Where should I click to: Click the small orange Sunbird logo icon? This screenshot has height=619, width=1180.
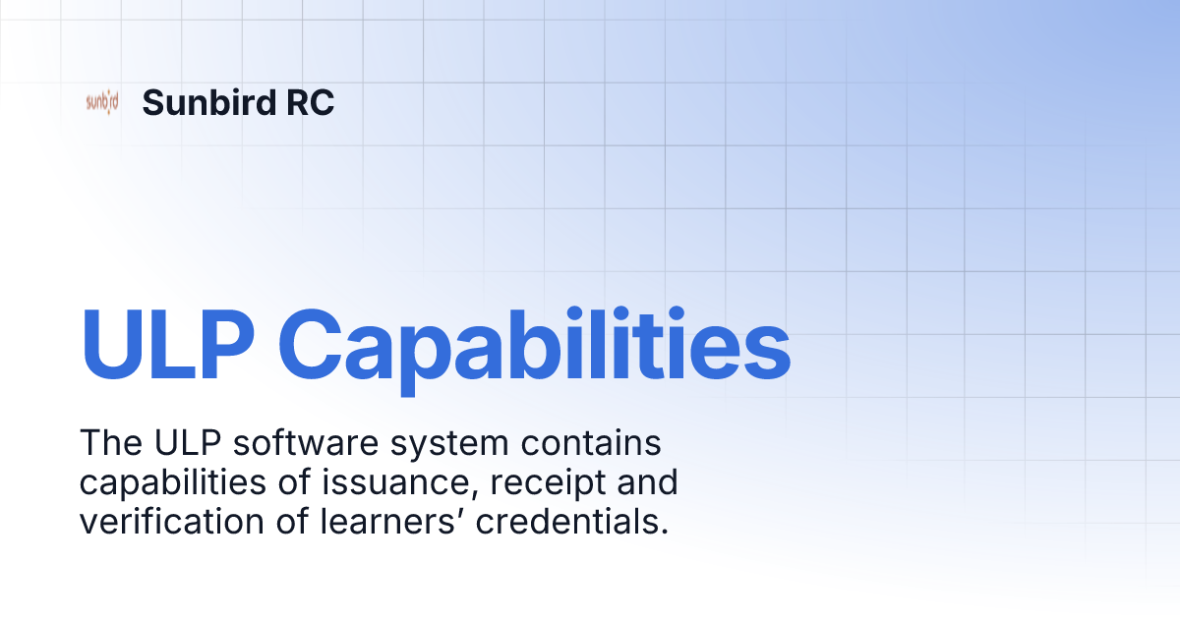click(102, 102)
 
